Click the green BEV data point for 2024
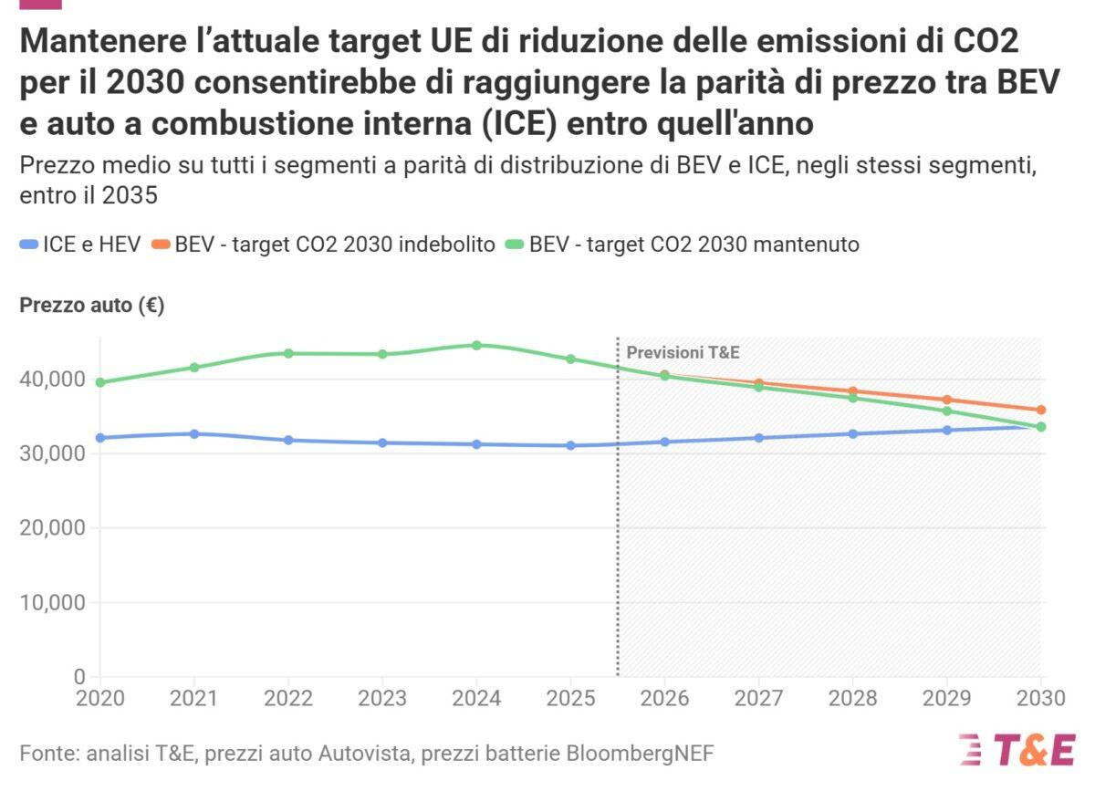(476, 345)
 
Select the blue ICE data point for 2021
(194, 433)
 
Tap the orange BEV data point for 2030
(1040, 410)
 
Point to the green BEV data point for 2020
(100, 382)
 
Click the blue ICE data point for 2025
(570, 445)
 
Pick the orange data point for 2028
(852, 391)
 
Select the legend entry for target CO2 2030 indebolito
(335, 245)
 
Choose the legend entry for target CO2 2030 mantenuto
(693, 245)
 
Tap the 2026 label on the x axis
(664, 699)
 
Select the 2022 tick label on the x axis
(288, 699)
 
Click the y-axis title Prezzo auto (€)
(92, 307)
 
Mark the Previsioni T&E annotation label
(683, 353)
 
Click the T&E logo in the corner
(1017, 750)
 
